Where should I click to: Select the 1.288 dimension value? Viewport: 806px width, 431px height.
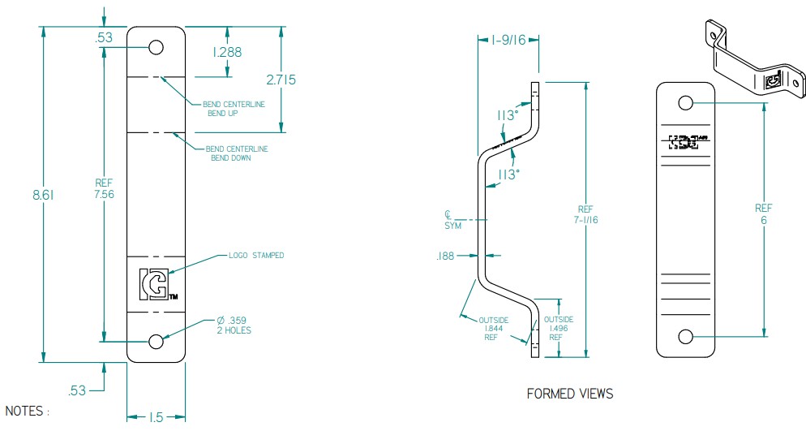228,52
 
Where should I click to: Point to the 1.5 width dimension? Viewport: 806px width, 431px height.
156,417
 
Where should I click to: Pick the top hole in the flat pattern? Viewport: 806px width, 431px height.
156,46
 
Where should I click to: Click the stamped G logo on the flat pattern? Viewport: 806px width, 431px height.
155,284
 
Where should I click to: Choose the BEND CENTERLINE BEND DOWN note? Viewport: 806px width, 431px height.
237,153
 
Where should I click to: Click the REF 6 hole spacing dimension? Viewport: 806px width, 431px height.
764,213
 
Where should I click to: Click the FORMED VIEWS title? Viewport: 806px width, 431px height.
570,394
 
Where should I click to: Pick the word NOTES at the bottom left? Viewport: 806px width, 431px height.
27,412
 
